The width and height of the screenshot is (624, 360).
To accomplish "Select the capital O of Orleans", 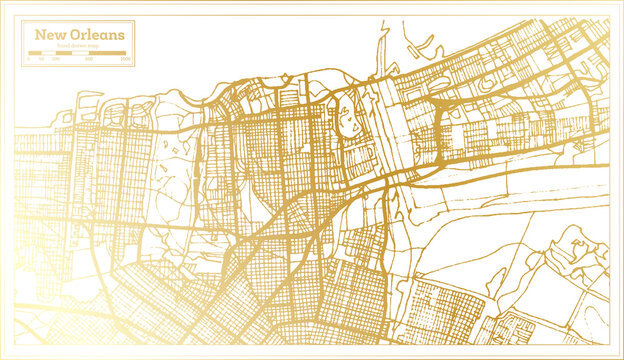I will coord(75,35).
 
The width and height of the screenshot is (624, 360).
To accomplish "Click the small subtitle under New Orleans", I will coord(80,46).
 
